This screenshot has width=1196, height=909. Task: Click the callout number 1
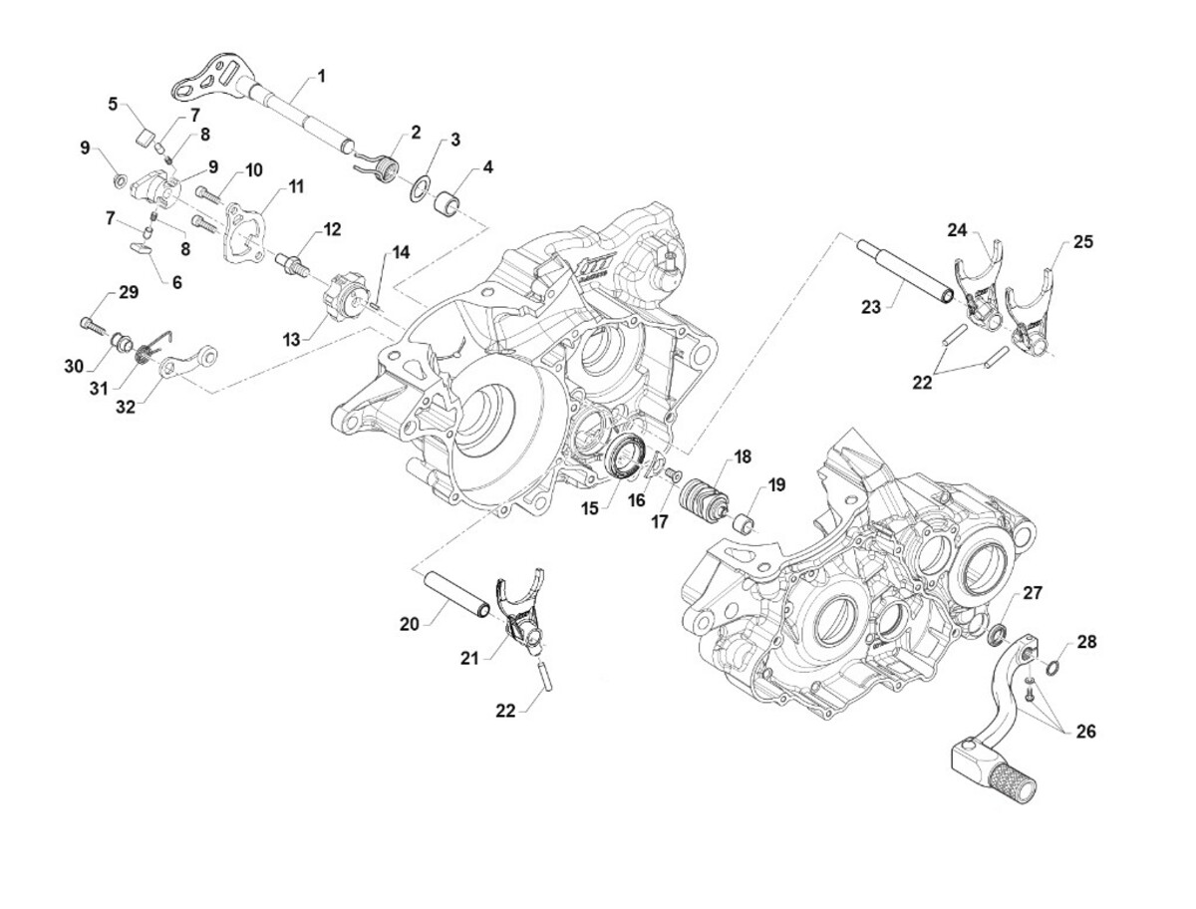point(322,76)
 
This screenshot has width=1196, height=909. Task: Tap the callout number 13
point(290,340)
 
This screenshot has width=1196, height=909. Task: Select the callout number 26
point(1086,731)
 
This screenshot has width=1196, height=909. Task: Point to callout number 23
point(870,308)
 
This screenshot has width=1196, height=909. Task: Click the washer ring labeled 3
point(421,185)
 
